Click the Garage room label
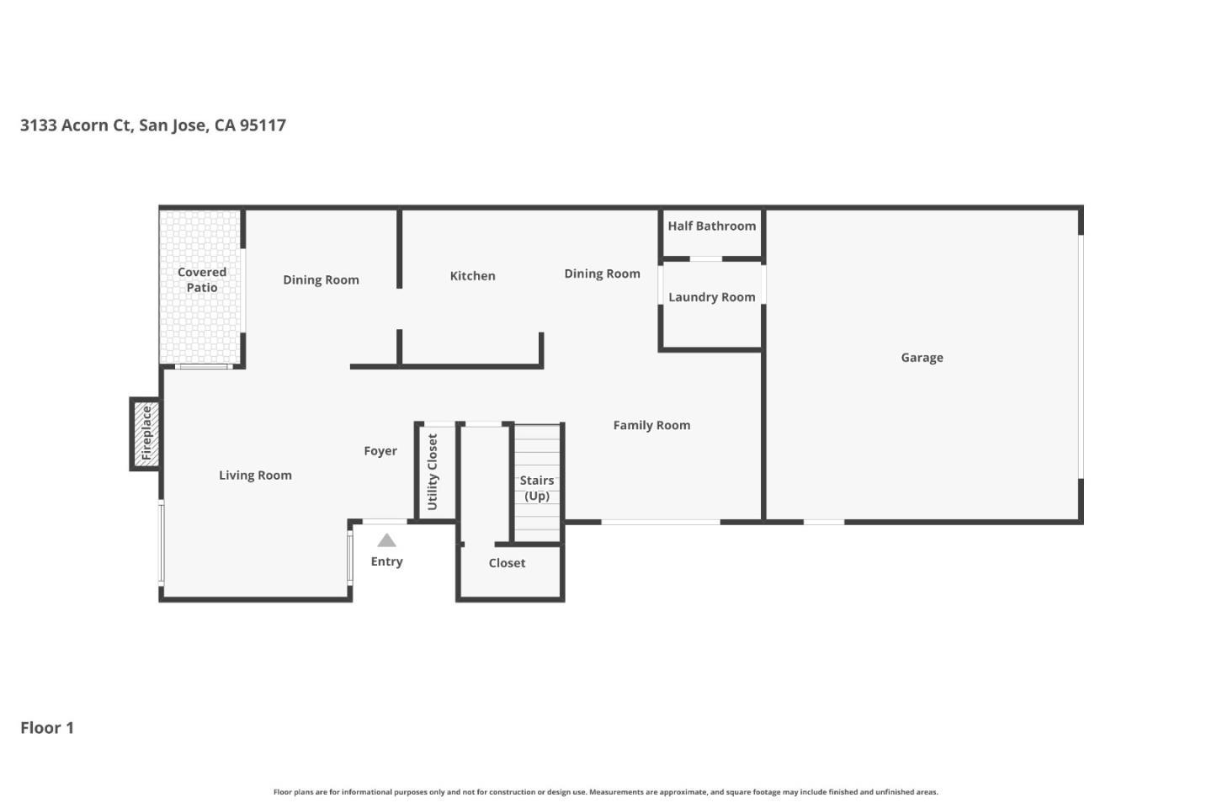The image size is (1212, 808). [922, 358]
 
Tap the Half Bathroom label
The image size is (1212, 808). [711, 226]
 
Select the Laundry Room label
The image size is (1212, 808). [711, 297]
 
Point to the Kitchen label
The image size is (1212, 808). [472, 276]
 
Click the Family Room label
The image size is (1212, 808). [651, 426]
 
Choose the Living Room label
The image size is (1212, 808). [255, 476]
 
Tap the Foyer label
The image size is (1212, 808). [380, 451]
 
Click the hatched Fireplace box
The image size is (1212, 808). [146, 433]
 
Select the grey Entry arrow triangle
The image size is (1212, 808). [386, 540]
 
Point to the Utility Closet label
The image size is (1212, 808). [433, 471]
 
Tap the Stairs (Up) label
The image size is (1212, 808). [536, 488]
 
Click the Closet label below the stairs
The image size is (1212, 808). [507, 563]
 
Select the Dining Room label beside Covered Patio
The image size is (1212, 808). [321, 280]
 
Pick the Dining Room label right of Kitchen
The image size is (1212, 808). [602, 274]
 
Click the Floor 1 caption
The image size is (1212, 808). [47, 728]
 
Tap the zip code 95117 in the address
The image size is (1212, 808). [263, 125]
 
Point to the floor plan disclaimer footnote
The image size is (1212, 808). [605, 792]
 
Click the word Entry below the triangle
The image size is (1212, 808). [386, 561]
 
